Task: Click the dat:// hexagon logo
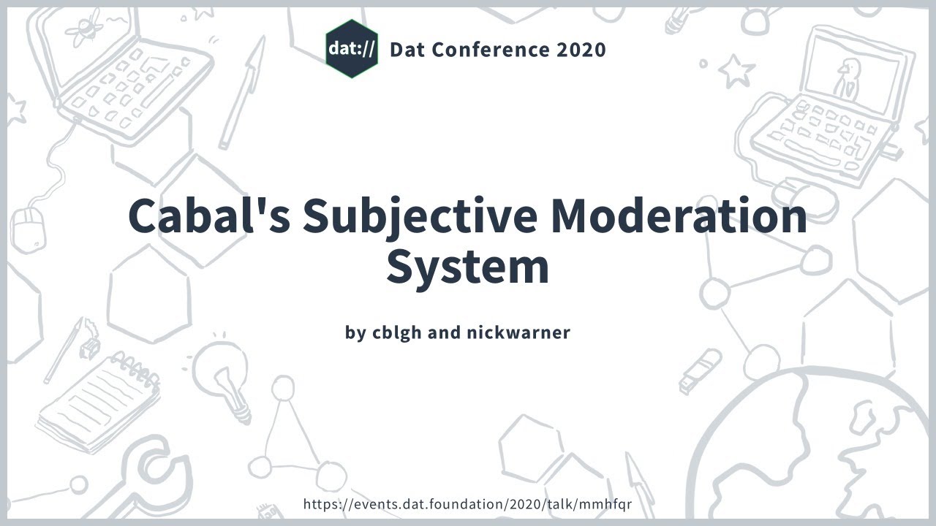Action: pyautogui.click(x=352, y=49)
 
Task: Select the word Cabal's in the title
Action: pyautogui.click(x=209, y=216)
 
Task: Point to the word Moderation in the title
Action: pyautogui.click(x=679, y=216)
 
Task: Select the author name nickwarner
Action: pyautogui.click(x=518, y=332)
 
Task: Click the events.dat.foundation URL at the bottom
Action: pyautogui.click(x=467, y=504)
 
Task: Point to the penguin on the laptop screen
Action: pyautogui.click(x=849, y=77)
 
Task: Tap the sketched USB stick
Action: pyautogui.click(x=699, y=370)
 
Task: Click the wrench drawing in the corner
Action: pyautogui.click(x=146, y=475)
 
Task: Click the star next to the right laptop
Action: pyautogui.click(x=735, y=71)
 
